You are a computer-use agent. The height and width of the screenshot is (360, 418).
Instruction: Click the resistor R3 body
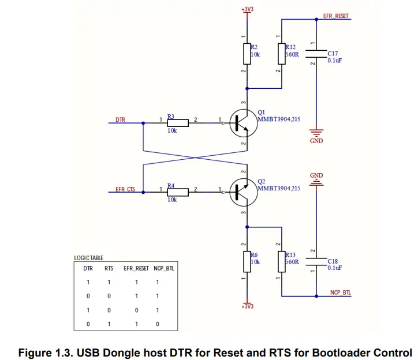pyautogui.click(x=178, y=123)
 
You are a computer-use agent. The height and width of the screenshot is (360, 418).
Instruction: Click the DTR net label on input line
pyautogui.click(x=120, y=119)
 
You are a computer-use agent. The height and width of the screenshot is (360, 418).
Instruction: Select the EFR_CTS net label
pyautogui.click(x=125, y=189)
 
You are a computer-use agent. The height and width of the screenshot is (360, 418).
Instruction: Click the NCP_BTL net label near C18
pyautogui.click(x=340, y=292)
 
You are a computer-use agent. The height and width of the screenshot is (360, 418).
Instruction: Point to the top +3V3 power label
pyautogui.click(x=247, y=9)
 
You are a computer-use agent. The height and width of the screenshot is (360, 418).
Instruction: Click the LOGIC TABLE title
pyautogui.click(x=88, y=258)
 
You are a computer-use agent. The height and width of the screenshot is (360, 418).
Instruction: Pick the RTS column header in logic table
pyautogui.click(x=108, y=268)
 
